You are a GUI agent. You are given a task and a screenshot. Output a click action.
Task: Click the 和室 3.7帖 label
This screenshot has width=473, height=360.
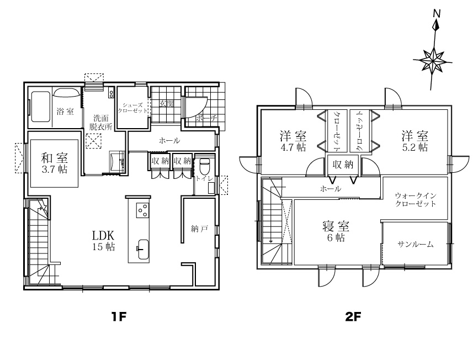tap(54, 163)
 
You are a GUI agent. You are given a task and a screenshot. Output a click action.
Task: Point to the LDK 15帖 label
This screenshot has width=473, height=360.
tap(103, 241)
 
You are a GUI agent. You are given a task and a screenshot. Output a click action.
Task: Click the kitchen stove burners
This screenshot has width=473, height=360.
tap(142, 210)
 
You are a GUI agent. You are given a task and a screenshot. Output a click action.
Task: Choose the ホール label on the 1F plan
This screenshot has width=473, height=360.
tap(169, 141)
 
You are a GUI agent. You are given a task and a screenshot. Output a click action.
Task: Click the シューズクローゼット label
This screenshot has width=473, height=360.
tap(132, 107)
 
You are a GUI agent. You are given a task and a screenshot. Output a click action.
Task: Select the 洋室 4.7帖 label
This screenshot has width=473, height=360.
tap(293, 141)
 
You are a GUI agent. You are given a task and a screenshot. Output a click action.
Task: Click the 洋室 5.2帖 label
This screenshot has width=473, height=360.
tap(414, 141)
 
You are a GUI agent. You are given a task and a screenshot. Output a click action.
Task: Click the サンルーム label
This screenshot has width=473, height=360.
tap(415, 244)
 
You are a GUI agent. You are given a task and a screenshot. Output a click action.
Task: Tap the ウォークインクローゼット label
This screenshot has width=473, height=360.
tap(415, 199)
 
